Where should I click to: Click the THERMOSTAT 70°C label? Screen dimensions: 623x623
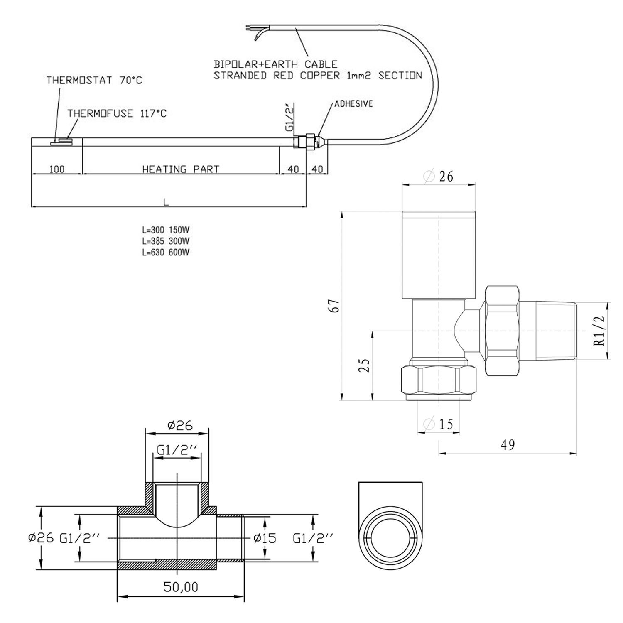[94, 80]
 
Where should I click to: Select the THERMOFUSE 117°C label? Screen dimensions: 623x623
[117, 113]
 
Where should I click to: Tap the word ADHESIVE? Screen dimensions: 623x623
[353, 104]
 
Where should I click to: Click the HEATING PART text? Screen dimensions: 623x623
[181, 169]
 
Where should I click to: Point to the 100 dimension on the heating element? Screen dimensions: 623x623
[57, 169]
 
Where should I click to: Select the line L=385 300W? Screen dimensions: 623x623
[166, 241]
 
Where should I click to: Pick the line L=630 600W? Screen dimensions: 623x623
[166, 252]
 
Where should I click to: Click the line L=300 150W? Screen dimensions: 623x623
[166, 230]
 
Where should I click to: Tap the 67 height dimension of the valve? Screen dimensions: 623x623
[336, 306]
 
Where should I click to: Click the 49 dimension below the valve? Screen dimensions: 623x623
[508, 445]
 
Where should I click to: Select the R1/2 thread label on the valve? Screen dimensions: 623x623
[599, 331]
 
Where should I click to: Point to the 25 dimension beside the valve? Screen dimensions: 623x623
[364, 365]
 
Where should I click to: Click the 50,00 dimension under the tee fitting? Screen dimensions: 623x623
[181, 587]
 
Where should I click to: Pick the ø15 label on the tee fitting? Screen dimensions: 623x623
[265, 538]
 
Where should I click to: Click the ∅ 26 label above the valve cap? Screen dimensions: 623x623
[438, 177]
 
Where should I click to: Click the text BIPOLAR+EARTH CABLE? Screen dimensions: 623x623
[275, 64]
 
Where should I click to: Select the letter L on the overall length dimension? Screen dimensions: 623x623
[166, 202]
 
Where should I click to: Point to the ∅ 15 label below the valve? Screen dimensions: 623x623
[438, 424]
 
